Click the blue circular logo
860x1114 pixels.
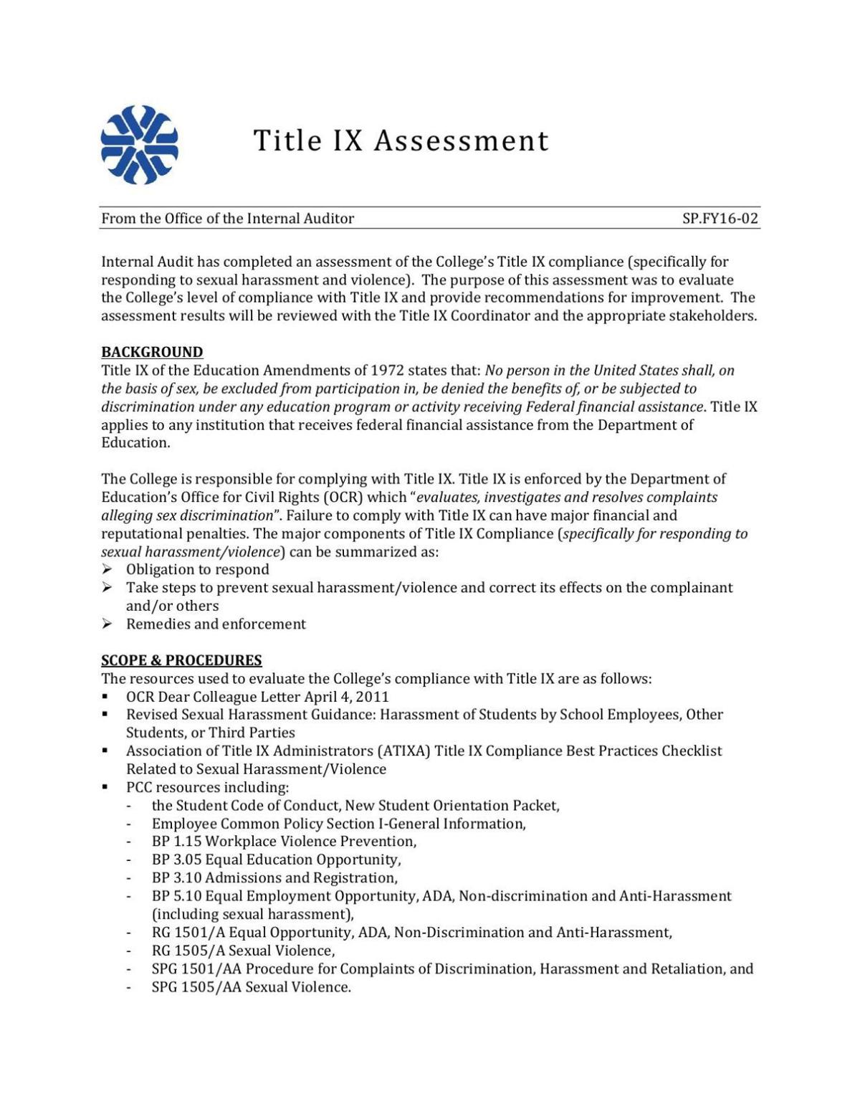click(x=139, y=144)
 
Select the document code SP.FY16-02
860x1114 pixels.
click(x=720, y=219)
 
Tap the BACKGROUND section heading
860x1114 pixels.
click(x=152, y=352)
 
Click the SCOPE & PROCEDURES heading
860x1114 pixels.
click(x=181, y=660)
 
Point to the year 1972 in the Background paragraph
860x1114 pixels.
click(x=387, y=371)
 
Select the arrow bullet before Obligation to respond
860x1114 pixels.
click(x=107, y=570)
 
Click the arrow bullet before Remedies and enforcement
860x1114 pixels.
click(x=107, y=624)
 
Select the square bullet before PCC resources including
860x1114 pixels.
click(x=105, y=787)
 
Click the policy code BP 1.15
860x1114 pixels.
click(x=176, y=842)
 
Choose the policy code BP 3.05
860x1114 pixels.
click(x=176, y=860)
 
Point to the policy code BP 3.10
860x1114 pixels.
click(x=176, y=878)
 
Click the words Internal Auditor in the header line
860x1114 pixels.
click(x=300, y=219)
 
